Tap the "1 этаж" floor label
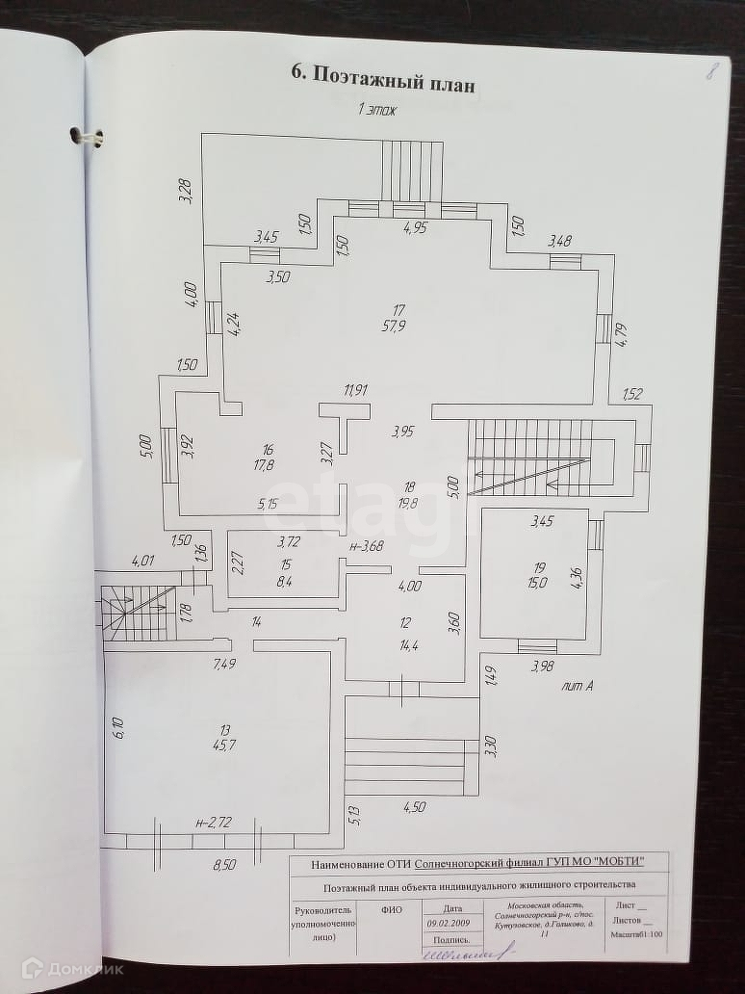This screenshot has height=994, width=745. [377, 110]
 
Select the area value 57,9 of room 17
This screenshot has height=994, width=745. [398, 327]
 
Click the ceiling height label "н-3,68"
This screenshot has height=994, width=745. [366, 547]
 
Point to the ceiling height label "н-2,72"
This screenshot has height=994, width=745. [213, 824]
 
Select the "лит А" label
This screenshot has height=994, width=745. [577, 688]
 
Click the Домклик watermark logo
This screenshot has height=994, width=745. [72, 969]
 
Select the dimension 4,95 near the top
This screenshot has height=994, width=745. [415, 228]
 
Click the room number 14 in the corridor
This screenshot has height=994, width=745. [256, 622]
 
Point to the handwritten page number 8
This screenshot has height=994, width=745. [712, 70]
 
